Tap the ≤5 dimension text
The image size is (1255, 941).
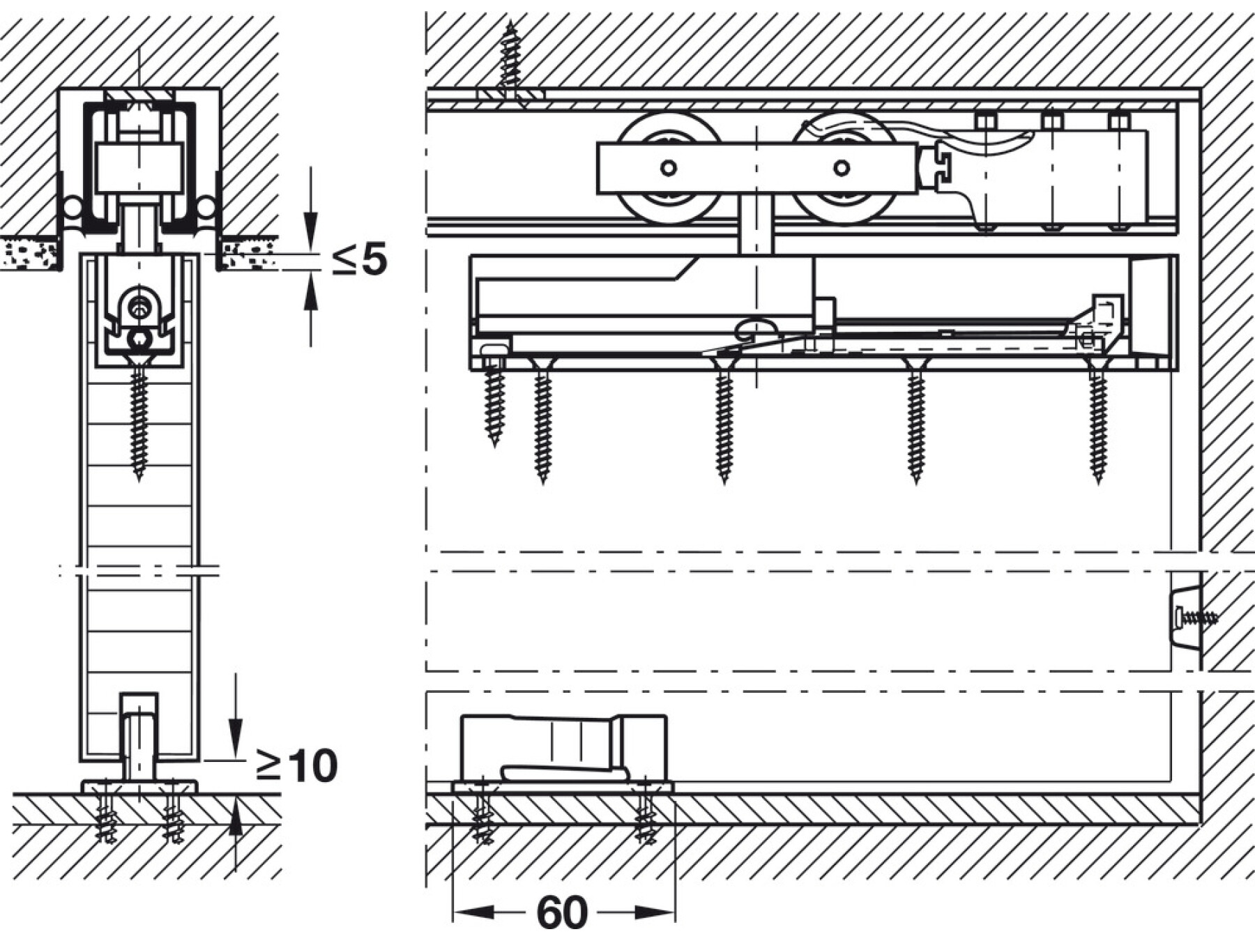pyautogui.click(x=359, y=259)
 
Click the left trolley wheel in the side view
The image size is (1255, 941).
pyautogui.click(x=668, y=168)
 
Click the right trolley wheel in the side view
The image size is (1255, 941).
pyautogui.click(x=842, y=168)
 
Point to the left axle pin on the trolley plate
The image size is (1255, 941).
pyautogui.click(x=669, y=168)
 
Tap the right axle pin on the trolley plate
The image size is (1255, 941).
pyautogui.click(x=842, y=168)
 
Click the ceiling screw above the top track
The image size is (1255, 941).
pyautogui.click(x=511, y=63)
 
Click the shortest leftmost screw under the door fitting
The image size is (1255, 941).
pyautogui.click(x=494, y=397)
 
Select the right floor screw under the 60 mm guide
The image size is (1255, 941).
pyautogui.click(x=646, y=813)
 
